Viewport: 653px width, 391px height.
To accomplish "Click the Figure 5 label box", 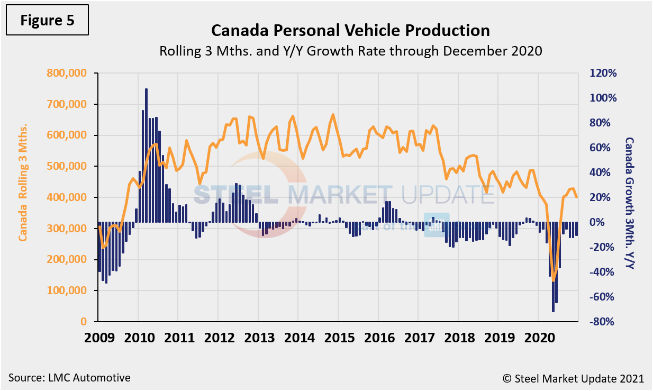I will pos(47,21).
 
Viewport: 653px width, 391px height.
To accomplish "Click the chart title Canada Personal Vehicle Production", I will pos(350,30).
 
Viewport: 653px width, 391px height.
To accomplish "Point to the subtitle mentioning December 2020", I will pos(350,52).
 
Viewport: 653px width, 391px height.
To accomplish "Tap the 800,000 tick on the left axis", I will pos(67,73).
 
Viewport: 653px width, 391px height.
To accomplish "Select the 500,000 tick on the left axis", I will pos(67,166).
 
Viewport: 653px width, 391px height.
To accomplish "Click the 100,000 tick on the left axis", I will pos(67,290).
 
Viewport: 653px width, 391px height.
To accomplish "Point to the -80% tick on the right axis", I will pos(602,322).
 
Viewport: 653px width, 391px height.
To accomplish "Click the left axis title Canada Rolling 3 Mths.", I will pos(23,183).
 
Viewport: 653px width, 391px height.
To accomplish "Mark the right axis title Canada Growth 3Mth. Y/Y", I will pos(629,203).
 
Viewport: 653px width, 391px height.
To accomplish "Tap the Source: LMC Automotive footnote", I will pos(69,378).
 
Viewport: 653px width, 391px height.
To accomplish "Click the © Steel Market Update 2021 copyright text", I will pos(573,378).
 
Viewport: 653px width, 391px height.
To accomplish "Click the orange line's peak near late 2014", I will pos(333,115).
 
